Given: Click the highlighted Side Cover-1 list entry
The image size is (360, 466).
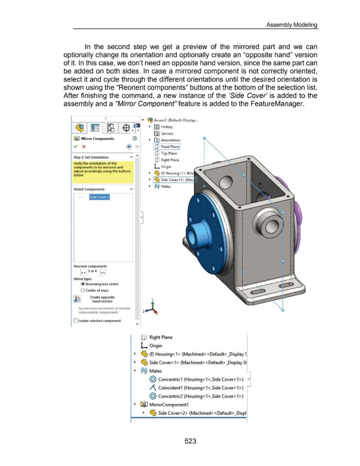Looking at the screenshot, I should (98, 197).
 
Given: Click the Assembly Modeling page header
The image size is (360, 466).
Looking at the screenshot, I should (292, 25).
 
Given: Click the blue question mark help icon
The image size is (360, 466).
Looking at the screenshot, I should (133, 138).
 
